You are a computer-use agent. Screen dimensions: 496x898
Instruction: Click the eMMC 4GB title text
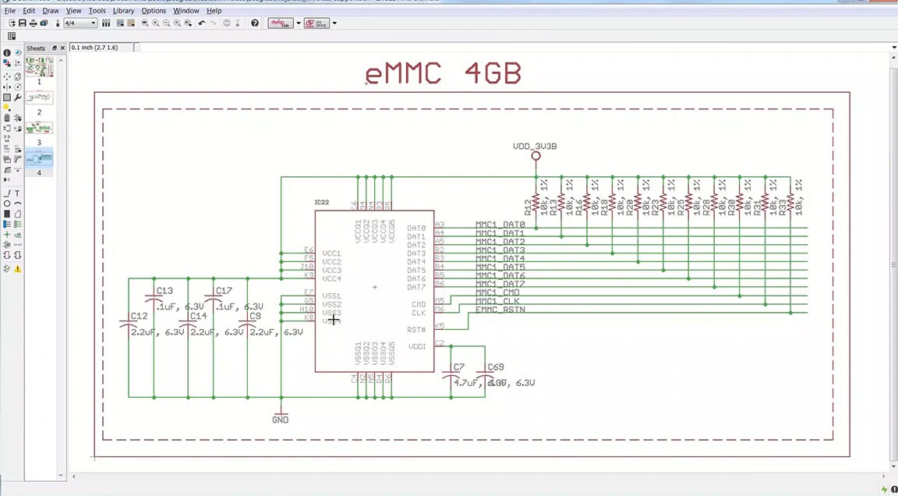[443, 74]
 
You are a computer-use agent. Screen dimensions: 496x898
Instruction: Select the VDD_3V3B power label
[535, 146]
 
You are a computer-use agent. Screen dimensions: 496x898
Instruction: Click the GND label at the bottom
[280, 420]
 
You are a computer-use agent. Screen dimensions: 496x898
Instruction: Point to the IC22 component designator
[322, 202]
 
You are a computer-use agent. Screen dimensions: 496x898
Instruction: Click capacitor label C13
[164, 291]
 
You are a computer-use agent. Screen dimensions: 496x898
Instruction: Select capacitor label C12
[139, 316]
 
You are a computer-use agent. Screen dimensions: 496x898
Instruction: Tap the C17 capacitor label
[224, 291]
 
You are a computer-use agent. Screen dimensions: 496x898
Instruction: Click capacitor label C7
[458, 367]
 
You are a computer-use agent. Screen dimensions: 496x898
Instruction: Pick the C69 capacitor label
[496, 367]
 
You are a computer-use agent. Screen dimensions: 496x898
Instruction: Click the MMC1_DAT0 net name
[500, 225]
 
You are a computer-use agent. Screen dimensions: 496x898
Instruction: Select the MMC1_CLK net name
[497, 301]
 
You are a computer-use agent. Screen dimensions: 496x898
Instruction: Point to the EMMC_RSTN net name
[500, 310]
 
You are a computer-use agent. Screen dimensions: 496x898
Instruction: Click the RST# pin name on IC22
[416, 330]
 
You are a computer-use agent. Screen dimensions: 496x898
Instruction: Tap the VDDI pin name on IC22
[417, 346]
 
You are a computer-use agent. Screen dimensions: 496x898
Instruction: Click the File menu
[10, 11]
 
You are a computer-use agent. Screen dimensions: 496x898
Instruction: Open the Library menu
[123, 11]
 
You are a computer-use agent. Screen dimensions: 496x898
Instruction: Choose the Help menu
[214, 11]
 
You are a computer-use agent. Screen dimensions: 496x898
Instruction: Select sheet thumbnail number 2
[39, 98]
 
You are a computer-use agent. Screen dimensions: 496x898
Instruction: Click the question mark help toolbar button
[255, 23]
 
